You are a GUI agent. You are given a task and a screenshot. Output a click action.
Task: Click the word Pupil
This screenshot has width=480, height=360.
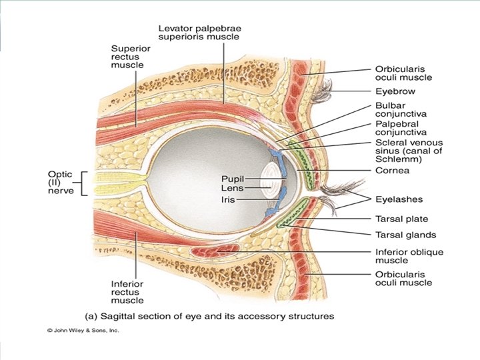click(x=235, y=179)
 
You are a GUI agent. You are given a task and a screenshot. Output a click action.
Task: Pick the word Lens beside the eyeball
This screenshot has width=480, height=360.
click(x=236, y=189)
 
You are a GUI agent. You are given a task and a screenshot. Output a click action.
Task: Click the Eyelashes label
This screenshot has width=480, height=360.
click(x=399, y=199)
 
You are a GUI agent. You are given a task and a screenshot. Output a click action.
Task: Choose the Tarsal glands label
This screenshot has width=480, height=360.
click(x=404, y=234)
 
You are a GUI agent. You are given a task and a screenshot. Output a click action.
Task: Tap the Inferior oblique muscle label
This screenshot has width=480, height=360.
click(x=408, y=257)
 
